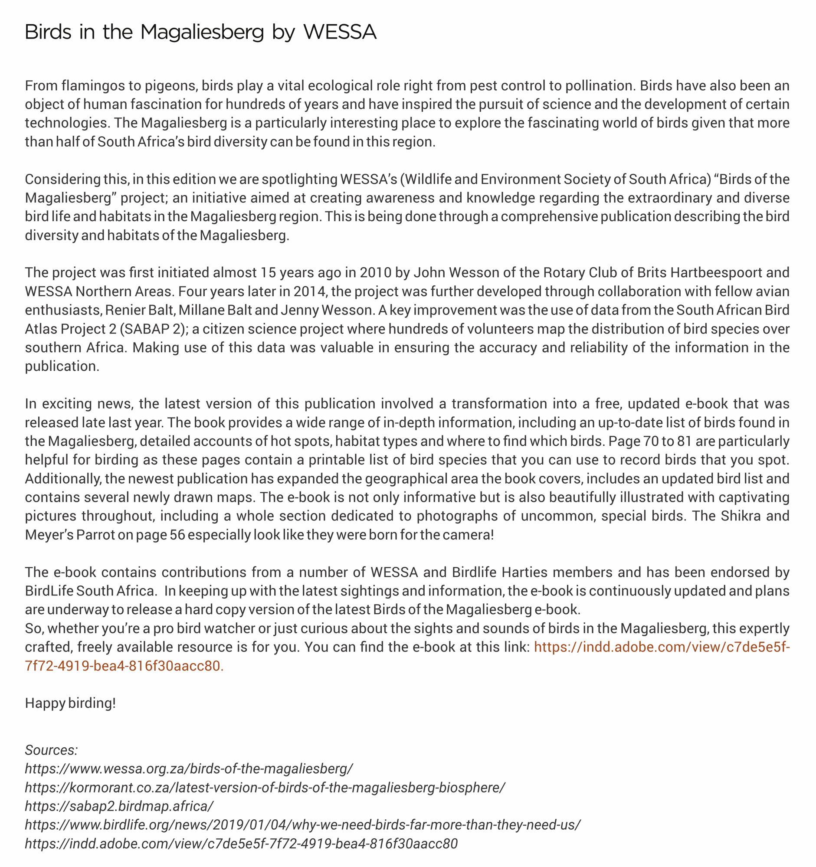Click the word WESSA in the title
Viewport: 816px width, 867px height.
pos(340,32)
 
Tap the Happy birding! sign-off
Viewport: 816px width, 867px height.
pos(70,703)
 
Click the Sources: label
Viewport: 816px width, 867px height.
pos(51,750)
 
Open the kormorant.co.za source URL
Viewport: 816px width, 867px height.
pos(265,788)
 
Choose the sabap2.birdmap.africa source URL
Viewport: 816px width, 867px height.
pos(119,806)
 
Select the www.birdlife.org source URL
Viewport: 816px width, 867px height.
pos(303,825)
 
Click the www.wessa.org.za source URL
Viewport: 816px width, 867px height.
pos(189,769)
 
